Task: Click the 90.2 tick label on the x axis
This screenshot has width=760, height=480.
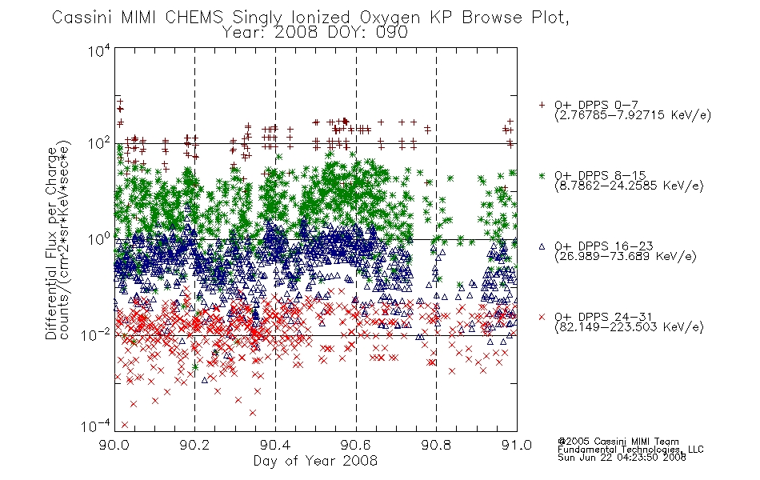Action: click(x=194, y=445)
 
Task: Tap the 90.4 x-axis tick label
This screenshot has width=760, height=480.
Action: click(x=275, y=445)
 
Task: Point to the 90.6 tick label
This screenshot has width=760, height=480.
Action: click(x=356, y=445)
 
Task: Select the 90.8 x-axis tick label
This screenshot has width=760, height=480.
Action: click(x=436, y=445)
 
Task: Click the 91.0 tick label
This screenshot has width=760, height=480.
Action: click(x=517, y=445)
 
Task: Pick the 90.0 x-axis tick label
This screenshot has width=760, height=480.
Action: click(x=114, y=445)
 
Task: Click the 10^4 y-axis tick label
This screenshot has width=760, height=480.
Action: click(x=99, y=50)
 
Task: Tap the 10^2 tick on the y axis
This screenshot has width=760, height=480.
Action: click(x=99, y=143)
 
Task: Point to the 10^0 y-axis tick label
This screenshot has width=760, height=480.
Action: click(x=99, y=239)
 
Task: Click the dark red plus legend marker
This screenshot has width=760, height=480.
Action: click(x=542, y=105)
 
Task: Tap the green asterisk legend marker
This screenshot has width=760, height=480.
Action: click(x=542, y=175)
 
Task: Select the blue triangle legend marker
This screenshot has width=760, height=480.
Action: click(x=542, y=246)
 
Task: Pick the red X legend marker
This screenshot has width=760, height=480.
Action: click(x=542, y=317)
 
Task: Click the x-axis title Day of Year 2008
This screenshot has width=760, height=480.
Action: click(x=315, y=461)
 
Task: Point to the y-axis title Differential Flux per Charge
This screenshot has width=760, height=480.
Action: click(x=51, y=242)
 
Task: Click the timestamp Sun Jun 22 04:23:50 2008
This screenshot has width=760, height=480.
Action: click(x=622, y=458)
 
